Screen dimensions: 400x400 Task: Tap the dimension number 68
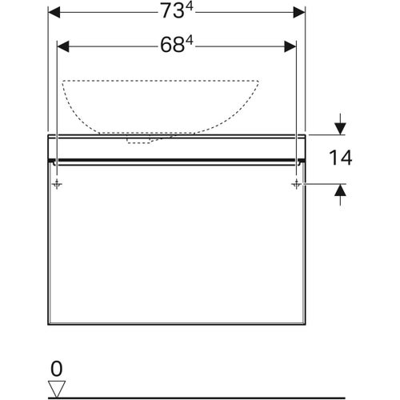(x=170, y=46)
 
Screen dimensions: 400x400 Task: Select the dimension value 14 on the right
(x=340, y=158)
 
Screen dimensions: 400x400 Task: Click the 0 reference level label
(x=55, y=369)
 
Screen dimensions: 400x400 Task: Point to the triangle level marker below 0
(x=56, y=388)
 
